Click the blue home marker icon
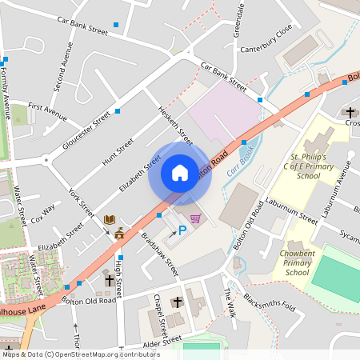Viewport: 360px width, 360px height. pyautogui.click(x=180, y=173)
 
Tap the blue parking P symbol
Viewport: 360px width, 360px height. pyautogui.click(x=182, y=230)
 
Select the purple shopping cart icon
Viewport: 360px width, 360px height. pyautogui.click(x=195, y=218)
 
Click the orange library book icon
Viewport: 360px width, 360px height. pyautogui.click(x=110, y=219)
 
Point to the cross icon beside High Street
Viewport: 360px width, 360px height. pyautogui.click(x=109, y=279)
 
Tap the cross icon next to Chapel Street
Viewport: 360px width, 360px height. pyautogui.click(x=178, y=302)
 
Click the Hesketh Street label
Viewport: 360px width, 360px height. pyautogui.click(x=176, y=121)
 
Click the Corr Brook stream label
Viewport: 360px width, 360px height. pyautogui.click(x=239, y=158)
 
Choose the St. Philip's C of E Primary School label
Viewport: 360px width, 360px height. pyautogui.click(x=308, y=166)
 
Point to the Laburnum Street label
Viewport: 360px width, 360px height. pyautogui.click(x=292, y=209)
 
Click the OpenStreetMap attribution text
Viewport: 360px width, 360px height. pyautogui.click(x=80, y=354)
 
